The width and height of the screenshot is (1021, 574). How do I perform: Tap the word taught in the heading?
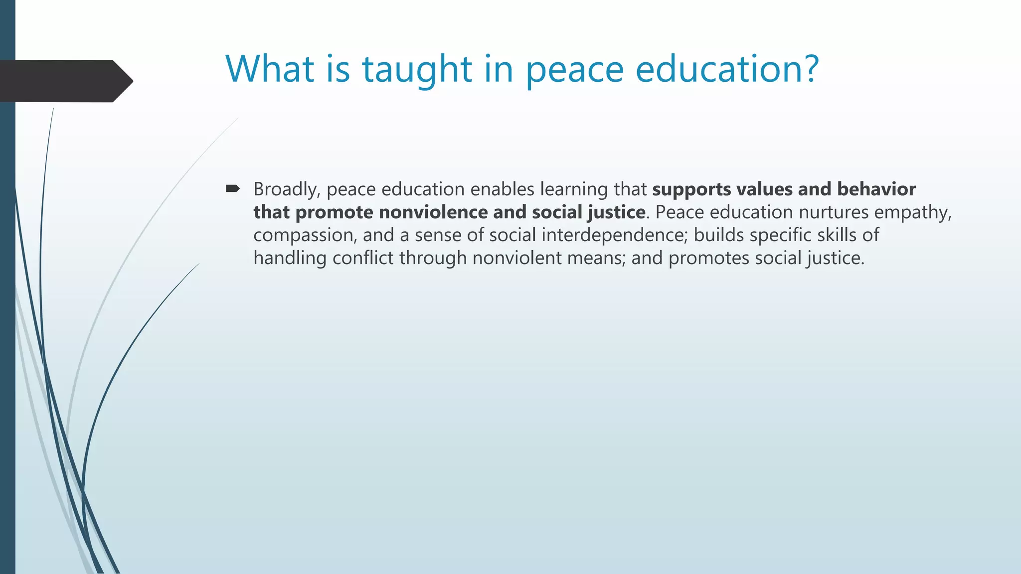click(417, 70)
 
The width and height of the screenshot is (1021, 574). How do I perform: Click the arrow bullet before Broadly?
click(232, 189)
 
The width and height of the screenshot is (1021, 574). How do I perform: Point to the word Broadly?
click(287, 190)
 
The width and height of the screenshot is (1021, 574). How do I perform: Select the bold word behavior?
click(876, 189)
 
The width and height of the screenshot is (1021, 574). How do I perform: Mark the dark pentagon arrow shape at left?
click(65, 81)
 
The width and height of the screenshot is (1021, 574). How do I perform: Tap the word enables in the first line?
click(503, 189)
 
